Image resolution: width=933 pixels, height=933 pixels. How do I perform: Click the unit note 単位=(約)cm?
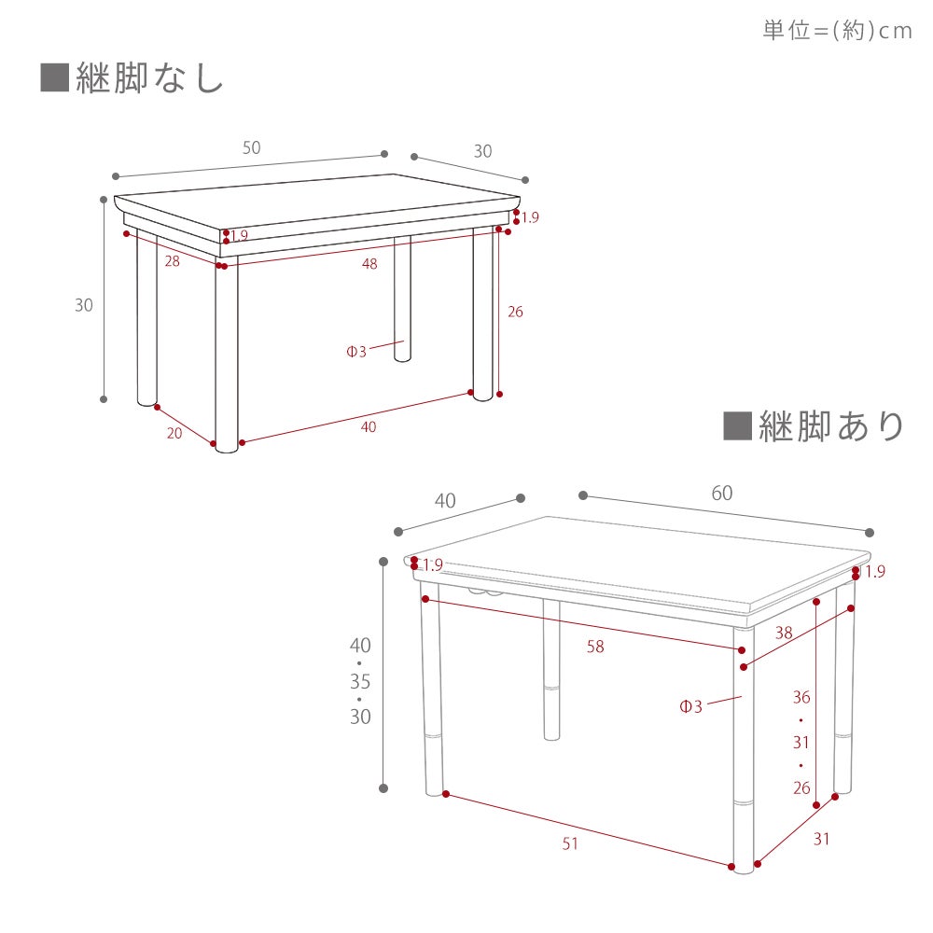coord(837,31)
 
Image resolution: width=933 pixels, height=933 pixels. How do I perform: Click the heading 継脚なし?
coord(149,78)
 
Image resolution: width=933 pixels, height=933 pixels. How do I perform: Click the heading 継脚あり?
coord(831,426)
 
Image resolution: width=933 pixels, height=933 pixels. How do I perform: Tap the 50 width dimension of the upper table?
coord(252,147)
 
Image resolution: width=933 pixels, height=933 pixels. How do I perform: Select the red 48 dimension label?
coord(369,264)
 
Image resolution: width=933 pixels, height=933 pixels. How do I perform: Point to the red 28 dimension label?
coord(172,261)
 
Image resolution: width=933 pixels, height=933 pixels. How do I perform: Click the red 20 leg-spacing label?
coord(174,433)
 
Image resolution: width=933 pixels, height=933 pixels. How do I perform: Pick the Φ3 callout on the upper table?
coord(356,352)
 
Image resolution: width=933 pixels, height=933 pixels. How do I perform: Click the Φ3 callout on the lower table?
coord(690,706)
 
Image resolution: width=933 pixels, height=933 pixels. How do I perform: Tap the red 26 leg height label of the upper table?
coord(515,312)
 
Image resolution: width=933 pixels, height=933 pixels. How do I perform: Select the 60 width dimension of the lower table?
coord(722,493)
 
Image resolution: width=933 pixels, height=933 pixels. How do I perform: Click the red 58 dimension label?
coord(595,647)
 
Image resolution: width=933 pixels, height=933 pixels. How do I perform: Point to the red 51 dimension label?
coord(570,843)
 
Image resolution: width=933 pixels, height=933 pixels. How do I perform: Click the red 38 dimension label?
coord(784,633)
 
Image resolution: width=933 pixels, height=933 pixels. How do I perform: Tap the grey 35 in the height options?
coord(360,681)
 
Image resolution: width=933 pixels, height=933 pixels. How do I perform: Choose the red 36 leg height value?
coord(801,697)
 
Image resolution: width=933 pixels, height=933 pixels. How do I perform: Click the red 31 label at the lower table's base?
coord(822,839)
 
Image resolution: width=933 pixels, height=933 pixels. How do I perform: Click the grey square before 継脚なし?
coord(55,78)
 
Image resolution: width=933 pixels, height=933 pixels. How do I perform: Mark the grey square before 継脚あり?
coord(737,426)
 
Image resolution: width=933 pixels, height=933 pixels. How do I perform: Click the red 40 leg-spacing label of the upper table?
coord(369,426)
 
